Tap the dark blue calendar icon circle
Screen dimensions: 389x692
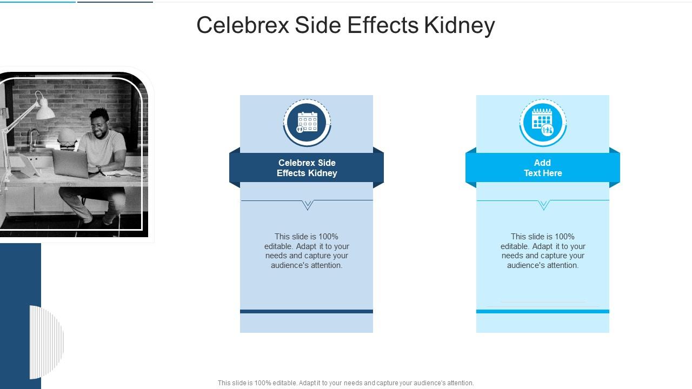[307, 122]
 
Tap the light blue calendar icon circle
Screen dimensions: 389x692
[543, 122]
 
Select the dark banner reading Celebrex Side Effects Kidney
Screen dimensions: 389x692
[307, 168]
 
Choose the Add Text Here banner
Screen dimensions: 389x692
[542, 168]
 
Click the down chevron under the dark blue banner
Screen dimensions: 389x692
[308, 205]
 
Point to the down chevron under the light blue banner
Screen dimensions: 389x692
[544, 205]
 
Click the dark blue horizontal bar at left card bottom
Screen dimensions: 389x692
[307, 311]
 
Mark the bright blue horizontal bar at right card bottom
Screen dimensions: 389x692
[542, 311]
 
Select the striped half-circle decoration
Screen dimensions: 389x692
[47, 341]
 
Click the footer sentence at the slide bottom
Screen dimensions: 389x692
[345, 383]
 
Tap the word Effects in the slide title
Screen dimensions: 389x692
[383, 25]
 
